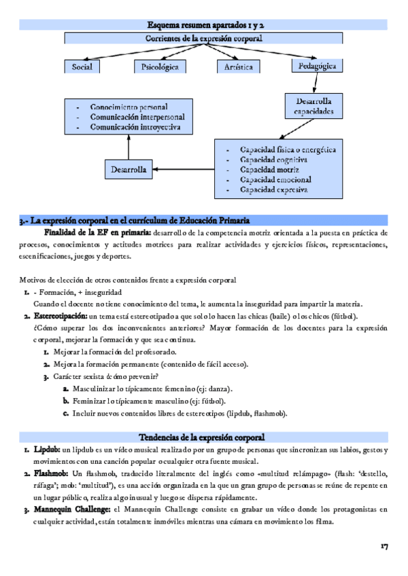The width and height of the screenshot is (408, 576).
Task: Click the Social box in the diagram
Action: [82, 67]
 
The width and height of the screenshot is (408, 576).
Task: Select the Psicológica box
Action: [160, 67]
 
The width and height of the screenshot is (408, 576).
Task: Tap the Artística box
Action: [239, 67]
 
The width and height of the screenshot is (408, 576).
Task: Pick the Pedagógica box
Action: [318, 66]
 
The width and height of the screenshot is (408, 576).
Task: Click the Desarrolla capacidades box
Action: [309, 106]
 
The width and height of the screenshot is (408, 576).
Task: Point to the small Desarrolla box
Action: [129, 170]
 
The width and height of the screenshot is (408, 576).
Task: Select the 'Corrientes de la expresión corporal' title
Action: [205, 39]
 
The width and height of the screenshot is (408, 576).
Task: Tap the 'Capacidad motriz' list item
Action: [269, 169]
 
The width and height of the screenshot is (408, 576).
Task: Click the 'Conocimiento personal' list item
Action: [129, 107]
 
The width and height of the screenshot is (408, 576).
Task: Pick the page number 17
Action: [384, 547]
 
